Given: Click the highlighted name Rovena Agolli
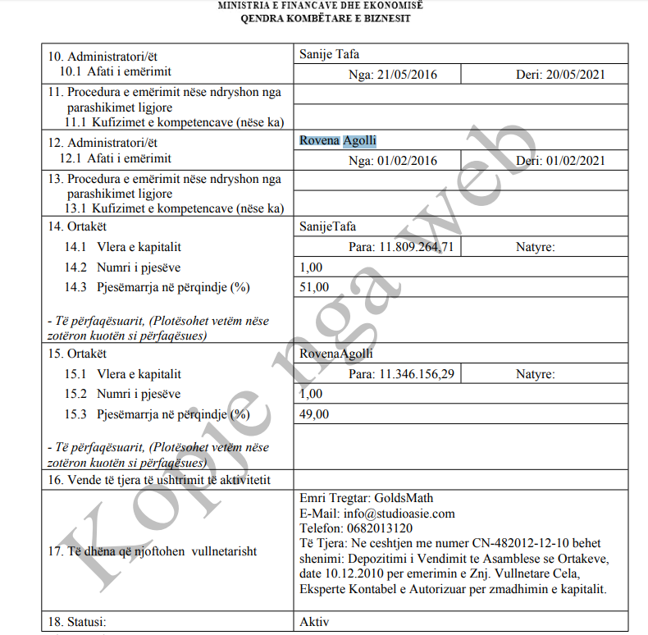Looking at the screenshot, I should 338,141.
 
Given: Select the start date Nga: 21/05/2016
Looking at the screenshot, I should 393,75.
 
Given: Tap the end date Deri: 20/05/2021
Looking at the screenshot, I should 560,75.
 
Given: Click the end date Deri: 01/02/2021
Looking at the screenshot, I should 560,161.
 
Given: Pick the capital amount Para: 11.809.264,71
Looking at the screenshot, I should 401,246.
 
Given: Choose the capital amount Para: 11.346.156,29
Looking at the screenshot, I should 401,374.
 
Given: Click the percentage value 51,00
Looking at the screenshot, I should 314,286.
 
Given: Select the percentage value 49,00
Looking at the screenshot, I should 314,413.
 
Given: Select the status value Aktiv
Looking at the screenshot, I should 315,621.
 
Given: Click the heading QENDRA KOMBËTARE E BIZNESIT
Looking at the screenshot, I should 326,18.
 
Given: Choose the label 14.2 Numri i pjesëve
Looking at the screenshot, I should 123,267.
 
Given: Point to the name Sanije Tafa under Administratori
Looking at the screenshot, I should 330,55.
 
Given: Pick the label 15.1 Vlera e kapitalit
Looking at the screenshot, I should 123,374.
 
